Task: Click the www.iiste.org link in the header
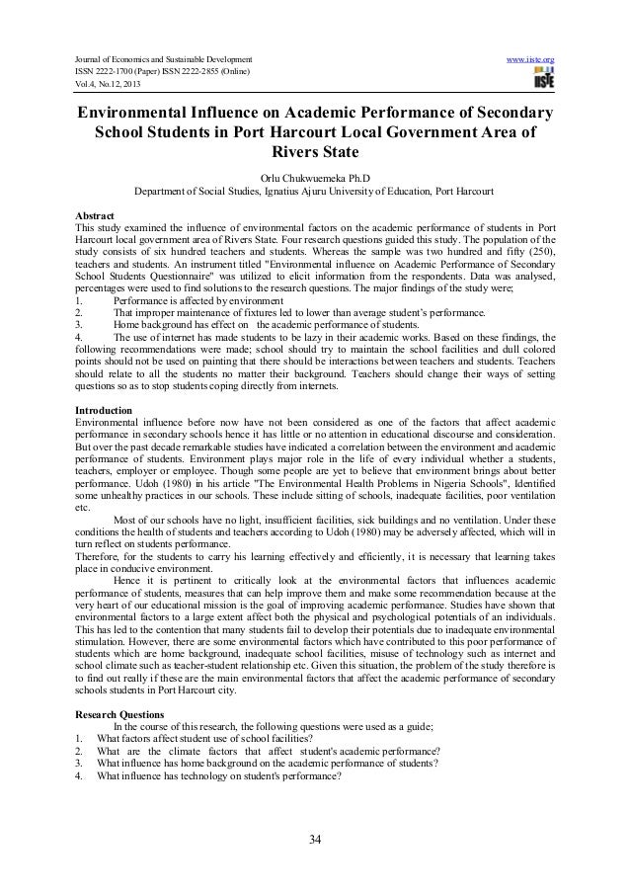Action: [533, 34]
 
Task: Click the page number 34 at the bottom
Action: [315, 841]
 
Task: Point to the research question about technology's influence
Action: [218, 777]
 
